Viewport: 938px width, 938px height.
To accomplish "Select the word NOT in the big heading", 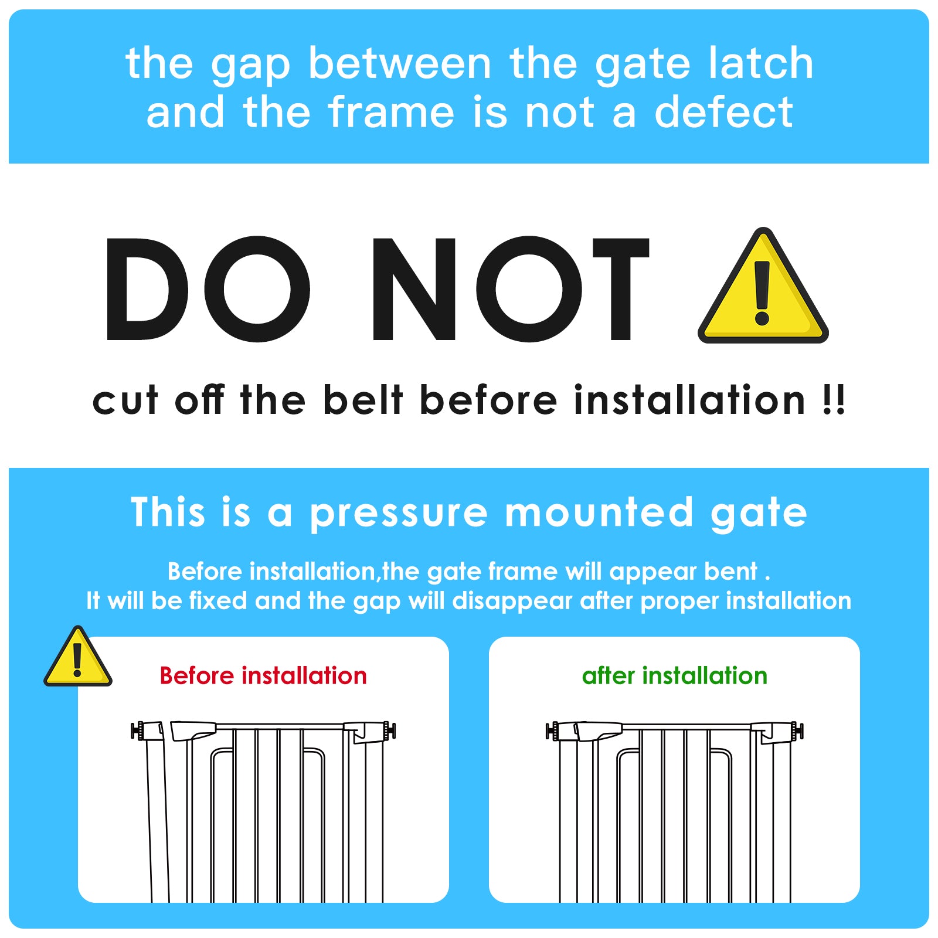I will coord(510,288).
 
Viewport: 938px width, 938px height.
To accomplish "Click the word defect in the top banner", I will coord(723,112).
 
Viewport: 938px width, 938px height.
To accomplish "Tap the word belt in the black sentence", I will coord(363,400).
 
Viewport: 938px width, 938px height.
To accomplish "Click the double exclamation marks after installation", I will coord(833,400).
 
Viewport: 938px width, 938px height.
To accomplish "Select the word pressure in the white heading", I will coord(399,513).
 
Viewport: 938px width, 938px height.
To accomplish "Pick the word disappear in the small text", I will coord(512,601).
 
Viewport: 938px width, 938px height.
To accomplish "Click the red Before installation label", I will coord(263,676).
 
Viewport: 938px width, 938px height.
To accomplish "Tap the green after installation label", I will coord(674,676).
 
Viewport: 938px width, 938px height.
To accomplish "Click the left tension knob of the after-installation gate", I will coord(552,731).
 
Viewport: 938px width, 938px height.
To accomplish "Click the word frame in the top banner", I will coord(391,112).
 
